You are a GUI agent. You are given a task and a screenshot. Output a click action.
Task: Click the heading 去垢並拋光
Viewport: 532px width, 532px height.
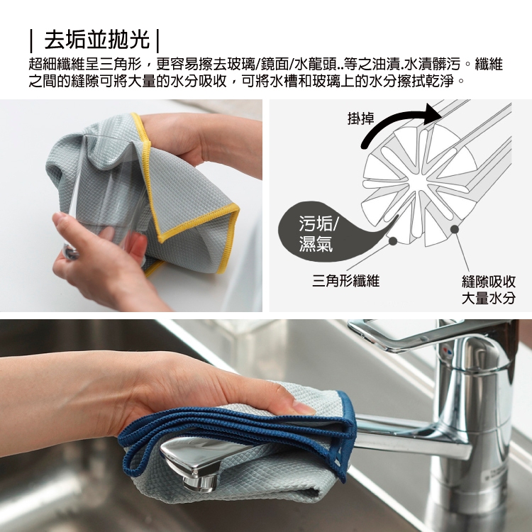(97, 40)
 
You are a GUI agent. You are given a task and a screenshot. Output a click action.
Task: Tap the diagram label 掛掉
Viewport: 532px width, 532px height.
(361, 118)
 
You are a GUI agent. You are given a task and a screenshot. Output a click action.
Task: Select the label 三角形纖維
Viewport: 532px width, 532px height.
(345, 281)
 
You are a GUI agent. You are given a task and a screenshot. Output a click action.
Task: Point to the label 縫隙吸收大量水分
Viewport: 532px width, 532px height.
(489, 289)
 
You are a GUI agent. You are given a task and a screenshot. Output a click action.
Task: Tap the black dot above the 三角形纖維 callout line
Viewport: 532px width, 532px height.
(393, 241)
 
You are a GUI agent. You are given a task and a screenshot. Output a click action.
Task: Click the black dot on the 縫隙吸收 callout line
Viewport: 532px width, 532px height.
(455, 230)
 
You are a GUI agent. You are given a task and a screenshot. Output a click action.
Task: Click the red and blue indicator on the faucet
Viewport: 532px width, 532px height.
(448, 351)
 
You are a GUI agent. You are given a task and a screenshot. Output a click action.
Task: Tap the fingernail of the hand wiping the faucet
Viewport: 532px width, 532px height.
(304, 407)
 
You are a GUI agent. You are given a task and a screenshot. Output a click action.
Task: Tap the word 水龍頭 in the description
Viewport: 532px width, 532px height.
(311, 64)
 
